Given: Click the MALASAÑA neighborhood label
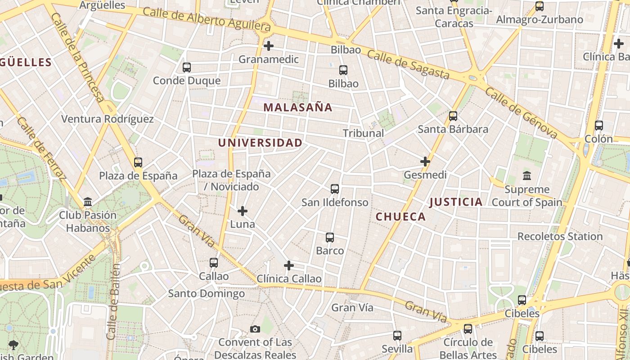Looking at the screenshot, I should coord(298,108).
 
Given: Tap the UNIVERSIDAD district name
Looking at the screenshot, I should coord(260,143).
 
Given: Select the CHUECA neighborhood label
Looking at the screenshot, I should coord(400,217).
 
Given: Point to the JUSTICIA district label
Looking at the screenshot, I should coord(456,202).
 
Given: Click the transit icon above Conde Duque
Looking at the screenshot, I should coord(187,67).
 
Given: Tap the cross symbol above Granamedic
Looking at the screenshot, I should coord(269,46).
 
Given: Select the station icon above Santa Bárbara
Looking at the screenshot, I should coord(453,116).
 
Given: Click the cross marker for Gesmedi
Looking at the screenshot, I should coord(425,162).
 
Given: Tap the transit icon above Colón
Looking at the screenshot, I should coord(599,126).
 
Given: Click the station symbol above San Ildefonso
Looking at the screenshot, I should coord(335,189).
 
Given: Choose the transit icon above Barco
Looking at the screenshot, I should coord(330,238).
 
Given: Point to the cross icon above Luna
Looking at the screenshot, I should coord(243,211).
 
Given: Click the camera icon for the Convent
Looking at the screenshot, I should coord(255,329).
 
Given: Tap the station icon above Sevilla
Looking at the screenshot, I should coord(397,336).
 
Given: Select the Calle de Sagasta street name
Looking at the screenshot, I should coord(408,64).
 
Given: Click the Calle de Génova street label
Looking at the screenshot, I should coord(521,112).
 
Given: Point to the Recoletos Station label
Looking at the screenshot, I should coord(560,236).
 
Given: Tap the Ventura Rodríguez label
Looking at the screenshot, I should coord(107,119).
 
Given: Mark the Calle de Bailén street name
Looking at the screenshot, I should coord(113,301).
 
